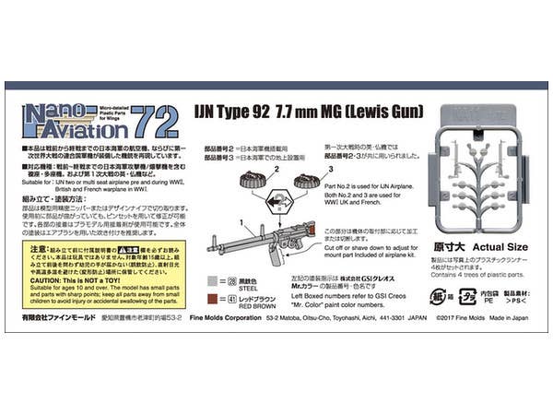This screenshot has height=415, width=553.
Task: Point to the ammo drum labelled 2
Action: pos(251,180)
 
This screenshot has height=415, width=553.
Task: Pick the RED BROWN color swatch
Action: pos(215,298)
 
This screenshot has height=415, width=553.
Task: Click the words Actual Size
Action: pos(501,247)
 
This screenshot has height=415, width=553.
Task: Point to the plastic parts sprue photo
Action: pos(487,175)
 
